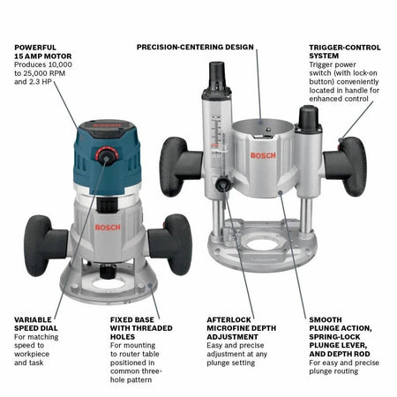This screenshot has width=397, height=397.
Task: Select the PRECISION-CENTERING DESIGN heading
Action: pos(195,46)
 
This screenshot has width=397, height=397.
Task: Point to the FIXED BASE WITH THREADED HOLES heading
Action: pos(138,327)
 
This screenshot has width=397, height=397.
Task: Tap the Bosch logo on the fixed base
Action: pos(107,227)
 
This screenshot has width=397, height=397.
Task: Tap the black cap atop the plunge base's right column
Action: pos(309,117)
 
